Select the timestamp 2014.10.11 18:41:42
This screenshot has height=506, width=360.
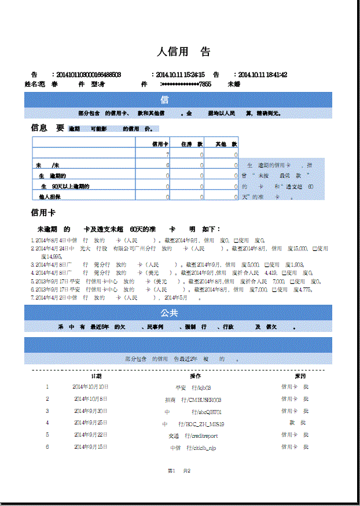(262, 75)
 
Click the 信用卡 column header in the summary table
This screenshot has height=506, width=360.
(160, 143)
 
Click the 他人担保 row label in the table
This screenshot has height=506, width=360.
(50, 197)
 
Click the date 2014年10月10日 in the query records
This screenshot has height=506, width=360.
(90, 387)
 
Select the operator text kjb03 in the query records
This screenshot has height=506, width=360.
(204, 387)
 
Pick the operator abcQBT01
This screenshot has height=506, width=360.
(209, 412)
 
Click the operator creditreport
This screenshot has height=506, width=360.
(201, 435)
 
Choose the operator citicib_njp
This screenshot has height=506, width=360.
(202, 448)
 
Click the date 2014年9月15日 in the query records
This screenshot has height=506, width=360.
(90, 447)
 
